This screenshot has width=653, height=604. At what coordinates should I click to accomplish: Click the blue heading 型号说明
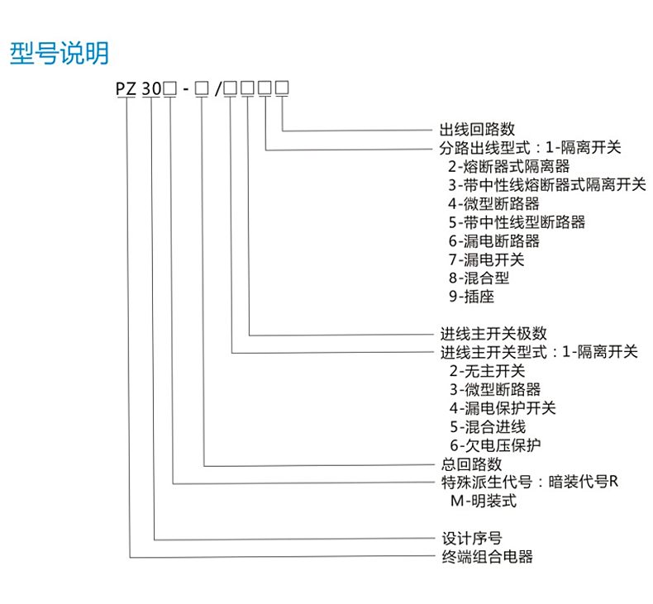pos(60,53)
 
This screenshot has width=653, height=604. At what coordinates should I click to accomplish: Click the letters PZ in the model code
pos(126,88)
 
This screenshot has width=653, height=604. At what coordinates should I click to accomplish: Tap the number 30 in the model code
pos(151,88)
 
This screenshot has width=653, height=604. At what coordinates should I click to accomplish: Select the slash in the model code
pos(219,88)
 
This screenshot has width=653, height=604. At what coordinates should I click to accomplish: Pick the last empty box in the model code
pos(283,88)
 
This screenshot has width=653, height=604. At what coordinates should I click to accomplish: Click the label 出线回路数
pos(477,130)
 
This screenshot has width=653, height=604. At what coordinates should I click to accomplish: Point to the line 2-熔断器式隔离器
pos(509,167)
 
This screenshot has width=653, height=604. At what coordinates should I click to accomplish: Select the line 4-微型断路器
pos(494,203)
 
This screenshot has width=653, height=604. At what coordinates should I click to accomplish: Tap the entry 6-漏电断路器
pos(494,241)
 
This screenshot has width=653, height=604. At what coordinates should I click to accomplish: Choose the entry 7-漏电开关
pos(486,259)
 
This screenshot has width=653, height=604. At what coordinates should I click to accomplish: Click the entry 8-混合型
pos(479,278)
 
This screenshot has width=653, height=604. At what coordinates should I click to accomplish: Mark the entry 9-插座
pos(471,297)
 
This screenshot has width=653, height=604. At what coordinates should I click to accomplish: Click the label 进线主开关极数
pos(493,334)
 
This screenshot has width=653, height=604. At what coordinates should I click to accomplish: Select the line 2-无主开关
pos(487,371)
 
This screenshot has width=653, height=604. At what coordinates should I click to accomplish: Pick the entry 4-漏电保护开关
pos(503,408)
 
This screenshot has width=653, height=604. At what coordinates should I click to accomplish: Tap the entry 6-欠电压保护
pos(495,445)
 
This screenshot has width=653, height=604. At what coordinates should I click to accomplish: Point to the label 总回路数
pos(471,464)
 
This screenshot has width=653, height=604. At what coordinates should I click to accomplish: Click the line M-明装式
pos(484,501)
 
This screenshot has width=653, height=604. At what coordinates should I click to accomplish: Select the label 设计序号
pos(472,538)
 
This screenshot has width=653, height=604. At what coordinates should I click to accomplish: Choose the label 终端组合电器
pos(487,557)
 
